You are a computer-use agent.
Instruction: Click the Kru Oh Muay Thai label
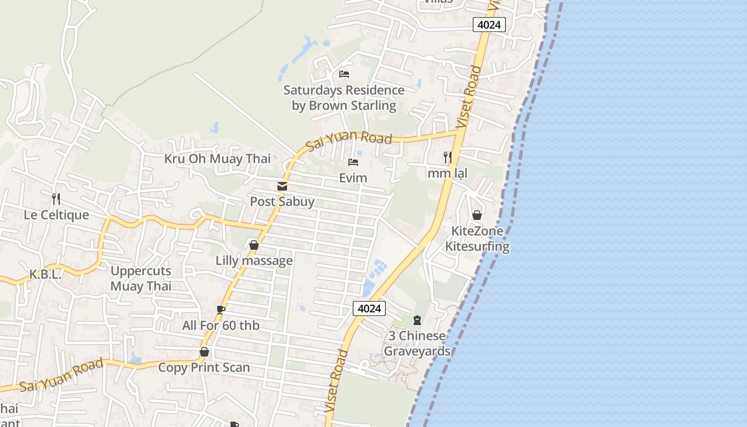pyautogui.click(x=217, y=159)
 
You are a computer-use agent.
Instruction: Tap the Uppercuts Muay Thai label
pyautogui.click(x=141, y=278)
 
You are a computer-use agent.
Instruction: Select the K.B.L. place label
pyautogui.click(x=45, y=274)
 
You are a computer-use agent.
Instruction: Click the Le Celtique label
pyautogui.click(x=56, y=215)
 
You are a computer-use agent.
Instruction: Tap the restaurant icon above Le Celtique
pyautogui.click(x=56, y=199)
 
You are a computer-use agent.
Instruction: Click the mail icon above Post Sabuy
pyautogui.click(x=282, y=186)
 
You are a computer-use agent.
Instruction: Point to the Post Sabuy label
pyautogui.click(x=282, y=202)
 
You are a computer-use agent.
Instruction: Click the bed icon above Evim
pyautogui.click(x=353, y=162)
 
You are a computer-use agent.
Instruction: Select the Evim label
pyautogui.click(x=353, y=178)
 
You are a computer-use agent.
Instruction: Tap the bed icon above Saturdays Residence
pyautogui.click(x=344, y=74)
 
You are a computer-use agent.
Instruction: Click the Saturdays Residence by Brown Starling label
pyautogui.click(x=344, y=98)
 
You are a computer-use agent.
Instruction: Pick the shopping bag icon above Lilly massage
pyautogui.click(x=254, y=245)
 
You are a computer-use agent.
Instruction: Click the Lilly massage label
pyautogui.click(x=254, y=260)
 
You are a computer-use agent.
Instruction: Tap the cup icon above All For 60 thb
pyautogui.click(x=221, y=310)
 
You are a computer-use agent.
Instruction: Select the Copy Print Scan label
pyautogui.click(x=204, y=367)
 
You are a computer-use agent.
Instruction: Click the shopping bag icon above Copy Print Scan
pyautogui.click(x=204, y=352)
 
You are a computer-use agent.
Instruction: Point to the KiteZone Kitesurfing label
pyautogui.click(x=477, y=239)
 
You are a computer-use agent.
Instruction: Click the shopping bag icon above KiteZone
pyautogui.click(x=477, y=215)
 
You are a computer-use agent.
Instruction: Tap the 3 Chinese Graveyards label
pyautogui.click(x=417, y=343)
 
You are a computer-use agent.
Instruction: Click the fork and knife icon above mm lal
pyautogui.click(x=448, y=157)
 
